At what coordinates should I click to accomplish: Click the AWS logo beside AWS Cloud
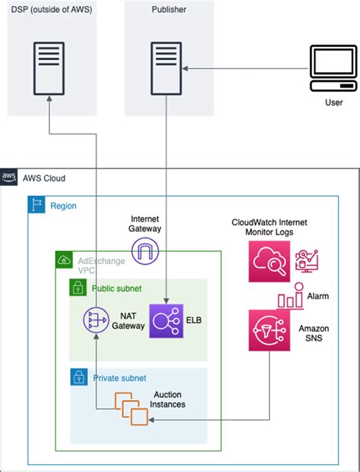9,177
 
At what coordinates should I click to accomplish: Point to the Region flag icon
36,205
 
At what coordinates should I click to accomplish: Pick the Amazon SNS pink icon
270,330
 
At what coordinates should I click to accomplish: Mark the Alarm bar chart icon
290,297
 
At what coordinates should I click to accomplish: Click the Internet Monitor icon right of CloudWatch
306,261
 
